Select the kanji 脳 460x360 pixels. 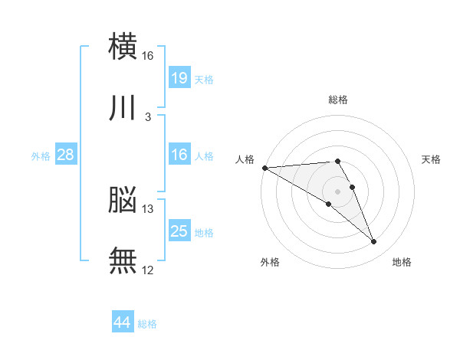[123, 200]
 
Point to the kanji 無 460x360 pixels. [123, 261]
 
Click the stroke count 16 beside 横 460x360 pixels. [148, 56]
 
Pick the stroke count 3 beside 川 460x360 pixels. [147, 117]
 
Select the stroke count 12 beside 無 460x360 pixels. [148, 270]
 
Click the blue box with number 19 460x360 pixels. [179, 77]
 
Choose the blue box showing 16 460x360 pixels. [179, 155]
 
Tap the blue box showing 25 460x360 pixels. [179, 231]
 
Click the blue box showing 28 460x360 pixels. [66, 155]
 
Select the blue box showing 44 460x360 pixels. [122, 322]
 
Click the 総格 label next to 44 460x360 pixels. [147, 324]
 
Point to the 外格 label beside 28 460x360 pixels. [41, 156]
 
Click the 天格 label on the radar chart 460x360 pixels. [432, 159]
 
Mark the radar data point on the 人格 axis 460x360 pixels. [264, 168]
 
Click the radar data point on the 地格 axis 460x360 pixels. [374, 242]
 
